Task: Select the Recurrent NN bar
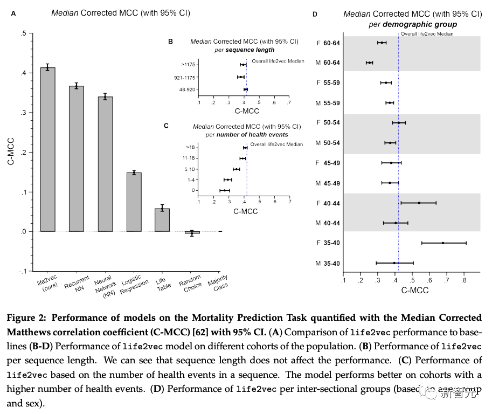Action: [x=76, y=158]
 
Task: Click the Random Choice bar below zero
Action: [x=192, y=232]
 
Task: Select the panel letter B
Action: [x=170, y=42]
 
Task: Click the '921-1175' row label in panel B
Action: [x=185, y=77]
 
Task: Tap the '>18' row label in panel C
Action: [x=190, y=148]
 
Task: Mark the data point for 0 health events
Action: [x=225, y=190]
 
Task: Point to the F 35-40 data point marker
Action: [x=443, y=243]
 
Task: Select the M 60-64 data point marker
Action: [x=369, y=63]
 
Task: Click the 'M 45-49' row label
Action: [x=328, y=183]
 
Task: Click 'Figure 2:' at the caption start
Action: [x=26, y=318]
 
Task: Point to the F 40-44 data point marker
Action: [x=419, y=203]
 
